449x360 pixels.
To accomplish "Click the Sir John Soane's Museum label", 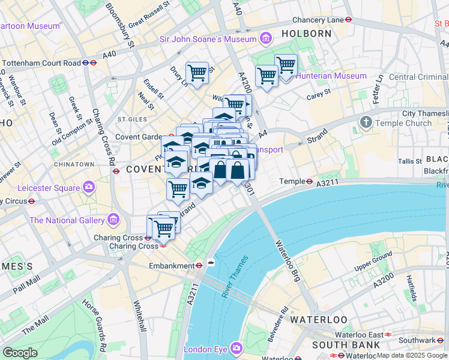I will point(208,40).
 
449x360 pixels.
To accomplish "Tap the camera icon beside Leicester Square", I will point(89,187).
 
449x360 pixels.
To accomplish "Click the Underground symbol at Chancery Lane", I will point(349,19).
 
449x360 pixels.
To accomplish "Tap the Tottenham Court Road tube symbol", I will point(86,62).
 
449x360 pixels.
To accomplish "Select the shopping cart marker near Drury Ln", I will point(197,73).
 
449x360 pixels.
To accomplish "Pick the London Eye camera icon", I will point(236,349).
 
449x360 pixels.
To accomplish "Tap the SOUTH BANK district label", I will point(346,345).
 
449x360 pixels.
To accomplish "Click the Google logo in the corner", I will point(20,353).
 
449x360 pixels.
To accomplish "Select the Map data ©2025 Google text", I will point(411,355).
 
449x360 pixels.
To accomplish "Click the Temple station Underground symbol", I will point(310,181).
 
